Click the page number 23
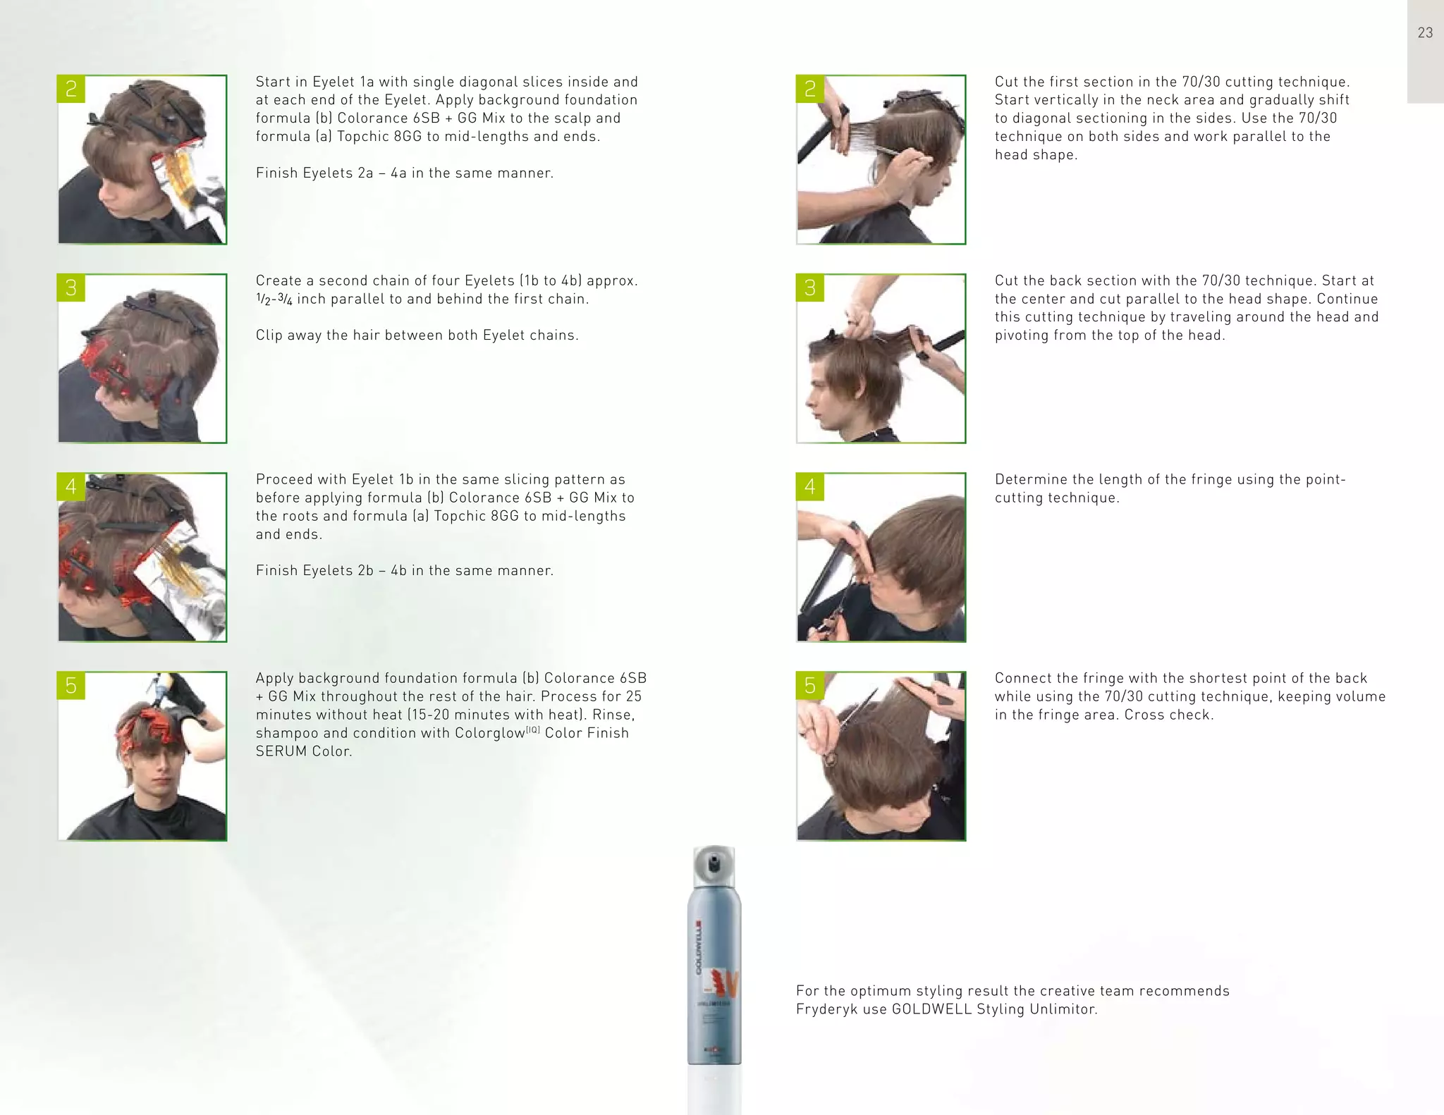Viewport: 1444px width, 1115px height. click(1425, 32)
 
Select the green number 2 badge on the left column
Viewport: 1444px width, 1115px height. click(71, 89)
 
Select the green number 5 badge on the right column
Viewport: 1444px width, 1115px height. click(810, 685)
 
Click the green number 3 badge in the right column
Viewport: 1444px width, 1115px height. click(810, 288)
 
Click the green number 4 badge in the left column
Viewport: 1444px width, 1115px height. click(71, 486)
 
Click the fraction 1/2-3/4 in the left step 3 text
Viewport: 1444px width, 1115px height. click(274, 299)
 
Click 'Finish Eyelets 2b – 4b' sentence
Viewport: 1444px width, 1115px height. click(404, 571)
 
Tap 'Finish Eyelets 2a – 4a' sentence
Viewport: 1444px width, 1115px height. click(404, 173)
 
